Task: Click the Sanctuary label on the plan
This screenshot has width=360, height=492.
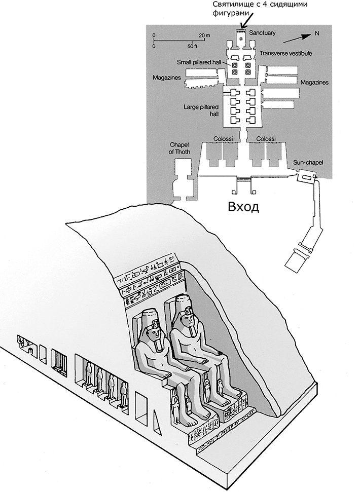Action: pyautogui.click(x=262, y=33)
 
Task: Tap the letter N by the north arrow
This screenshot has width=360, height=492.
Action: pyautogui.click(x=316, y=33)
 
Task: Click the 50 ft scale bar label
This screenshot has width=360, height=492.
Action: pyautogui.click(x=193, y=46)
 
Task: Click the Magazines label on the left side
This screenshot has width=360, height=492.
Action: pyautogui.click(x=167, y=78)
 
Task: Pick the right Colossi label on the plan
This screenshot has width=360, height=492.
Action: pyautogui.click(x=266, y=138)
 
